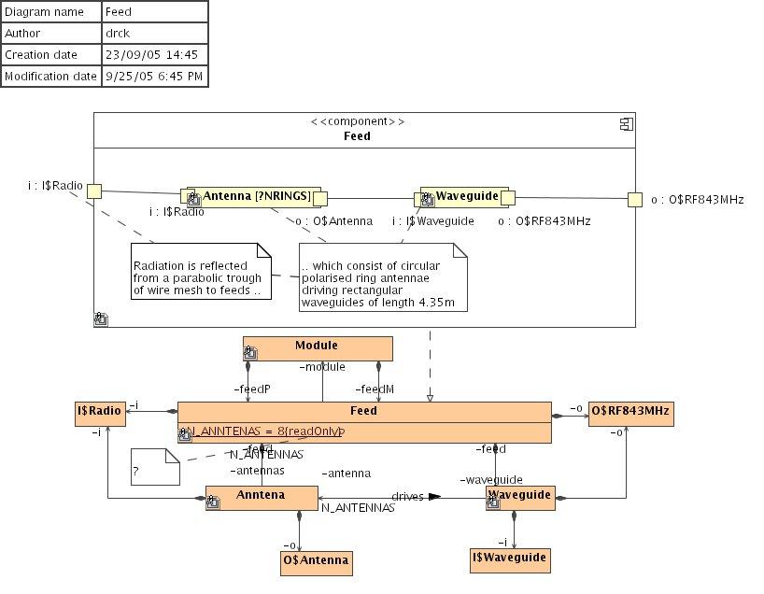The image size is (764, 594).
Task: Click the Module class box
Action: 318,348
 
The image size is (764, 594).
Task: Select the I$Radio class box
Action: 100,414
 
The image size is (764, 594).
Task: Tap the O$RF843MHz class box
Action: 630,414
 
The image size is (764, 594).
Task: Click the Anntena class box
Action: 262,498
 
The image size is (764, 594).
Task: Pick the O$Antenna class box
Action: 317,561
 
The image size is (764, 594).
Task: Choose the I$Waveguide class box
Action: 508,559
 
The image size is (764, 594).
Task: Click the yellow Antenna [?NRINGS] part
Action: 254,196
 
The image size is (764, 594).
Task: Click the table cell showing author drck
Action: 154,34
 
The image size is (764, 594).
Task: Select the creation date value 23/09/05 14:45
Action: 154,55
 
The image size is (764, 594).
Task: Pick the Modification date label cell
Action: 51,77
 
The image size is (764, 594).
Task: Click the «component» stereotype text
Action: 358,121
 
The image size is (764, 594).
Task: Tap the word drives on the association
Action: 407,496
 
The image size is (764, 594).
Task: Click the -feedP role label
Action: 251,389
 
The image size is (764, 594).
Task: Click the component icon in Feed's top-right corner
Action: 628,123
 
